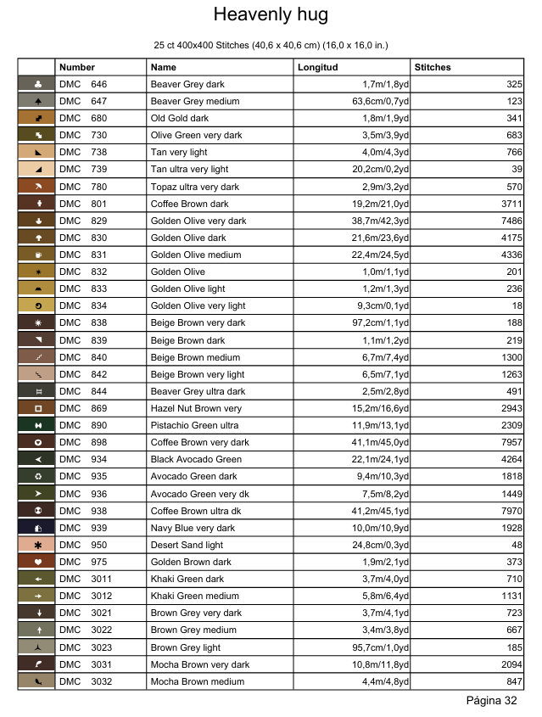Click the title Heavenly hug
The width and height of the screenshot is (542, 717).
[271, 15]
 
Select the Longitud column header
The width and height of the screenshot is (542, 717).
[317, 67]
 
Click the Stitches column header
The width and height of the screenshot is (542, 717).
[433, 67]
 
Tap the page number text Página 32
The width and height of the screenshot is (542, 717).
[492, 701]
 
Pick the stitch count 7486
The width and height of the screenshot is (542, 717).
[508, 221]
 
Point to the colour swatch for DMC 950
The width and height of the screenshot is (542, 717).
[36, 545]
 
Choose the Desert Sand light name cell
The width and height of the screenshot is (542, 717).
[187, 545]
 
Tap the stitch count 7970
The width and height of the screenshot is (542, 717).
[508, 511]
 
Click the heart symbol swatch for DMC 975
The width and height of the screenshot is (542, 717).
[36, 562]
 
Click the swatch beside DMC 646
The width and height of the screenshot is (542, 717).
[36, 84]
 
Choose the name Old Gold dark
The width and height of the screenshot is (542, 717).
[179, 119]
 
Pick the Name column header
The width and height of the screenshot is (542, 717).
[164, 67]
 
